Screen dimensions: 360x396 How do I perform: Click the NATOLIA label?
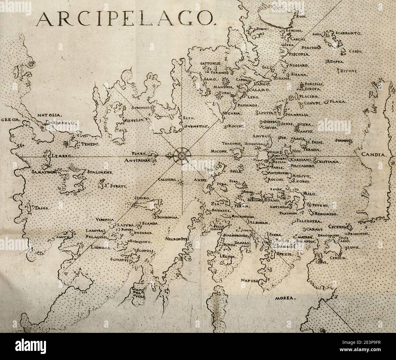point(50,116)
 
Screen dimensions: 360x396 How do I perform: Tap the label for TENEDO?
point(89,144)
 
